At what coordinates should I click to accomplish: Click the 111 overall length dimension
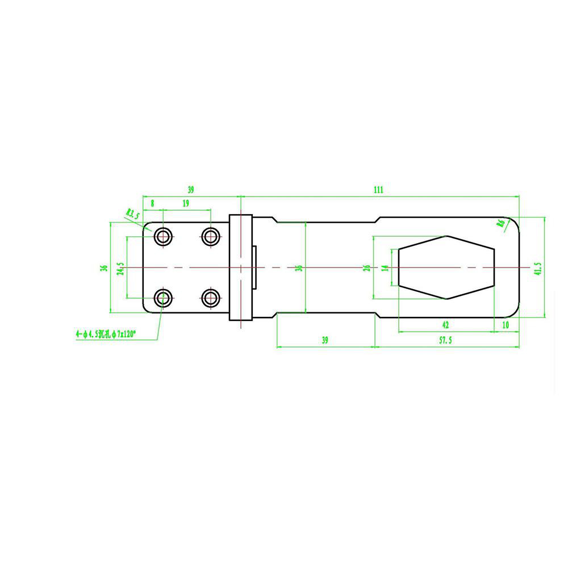coord(379,190)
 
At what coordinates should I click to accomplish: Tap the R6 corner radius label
coord(501,223)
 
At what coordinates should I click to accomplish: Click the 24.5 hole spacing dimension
coord(120,268)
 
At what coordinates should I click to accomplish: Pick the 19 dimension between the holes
coord(186,203)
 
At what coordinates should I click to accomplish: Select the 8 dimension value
coord(152,203)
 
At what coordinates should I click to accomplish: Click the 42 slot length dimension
coord(445,325)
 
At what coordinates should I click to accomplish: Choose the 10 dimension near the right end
coord(506,325)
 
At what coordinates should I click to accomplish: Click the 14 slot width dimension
coord(385,268)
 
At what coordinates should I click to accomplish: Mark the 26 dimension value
coord(367,268)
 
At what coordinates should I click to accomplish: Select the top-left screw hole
coord(164,236)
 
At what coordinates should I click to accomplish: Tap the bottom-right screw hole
coord(211,297)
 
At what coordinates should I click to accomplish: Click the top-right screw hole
coord(211,236)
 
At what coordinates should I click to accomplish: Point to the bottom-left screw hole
coord(164,297)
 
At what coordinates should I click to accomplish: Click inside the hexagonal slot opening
coord(446,267)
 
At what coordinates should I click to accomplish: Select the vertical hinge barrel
coord(241,267)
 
